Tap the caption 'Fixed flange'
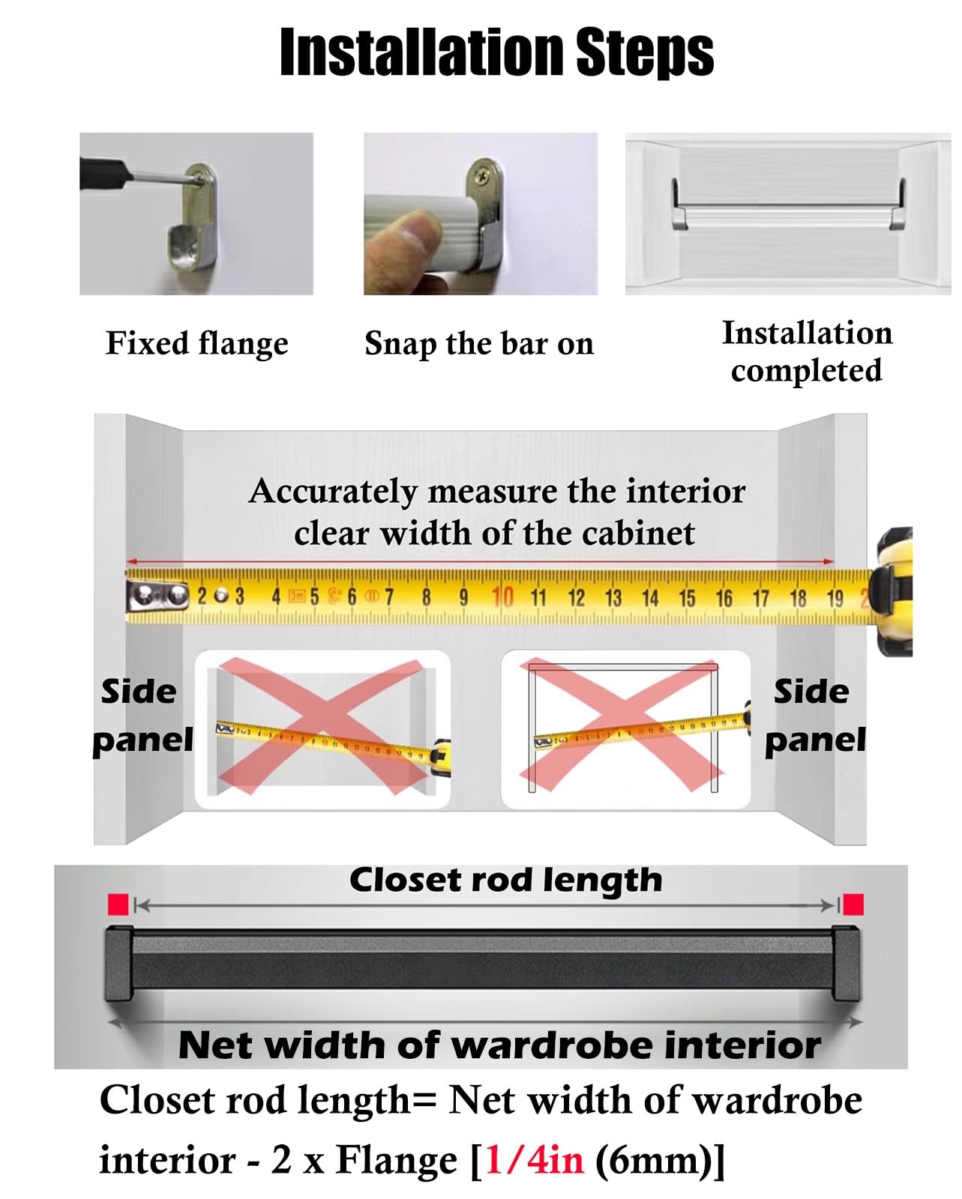[197, 344]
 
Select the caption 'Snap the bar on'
[479, 344]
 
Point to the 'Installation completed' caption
[807, 351]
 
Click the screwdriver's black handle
[106, 172]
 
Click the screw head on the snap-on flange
[480, 176]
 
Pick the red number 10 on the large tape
[502, 597]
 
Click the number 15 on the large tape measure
[687, 599]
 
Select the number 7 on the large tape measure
[388, 597]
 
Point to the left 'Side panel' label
[142, 716]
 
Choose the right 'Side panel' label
[815, 716]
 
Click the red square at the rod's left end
[118, 904]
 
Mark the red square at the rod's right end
[853, 904]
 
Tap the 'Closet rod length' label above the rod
[506, 881]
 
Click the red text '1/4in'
[535, 1161]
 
